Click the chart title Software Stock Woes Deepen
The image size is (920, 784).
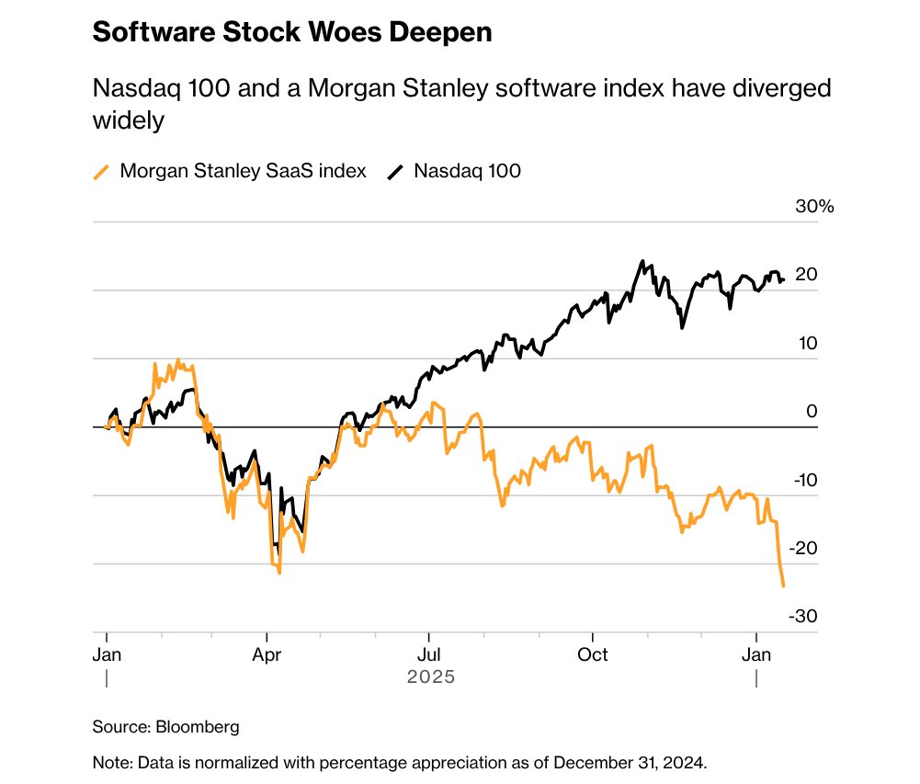point(292,33)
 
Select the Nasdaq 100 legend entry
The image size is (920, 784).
point(468,171)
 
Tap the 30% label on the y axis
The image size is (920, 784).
point(814,207)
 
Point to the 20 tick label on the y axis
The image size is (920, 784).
point(806,275)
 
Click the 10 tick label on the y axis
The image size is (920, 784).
point(806,343)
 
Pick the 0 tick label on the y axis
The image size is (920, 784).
point(812,411)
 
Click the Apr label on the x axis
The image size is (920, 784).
point(267,654)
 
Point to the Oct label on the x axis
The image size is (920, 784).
point(593,654)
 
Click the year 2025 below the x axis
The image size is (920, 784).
point(431,678)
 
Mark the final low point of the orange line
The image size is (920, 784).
point(783,585)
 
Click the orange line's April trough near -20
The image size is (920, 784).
point(278,573)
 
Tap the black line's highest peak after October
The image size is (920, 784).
point(642,261)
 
